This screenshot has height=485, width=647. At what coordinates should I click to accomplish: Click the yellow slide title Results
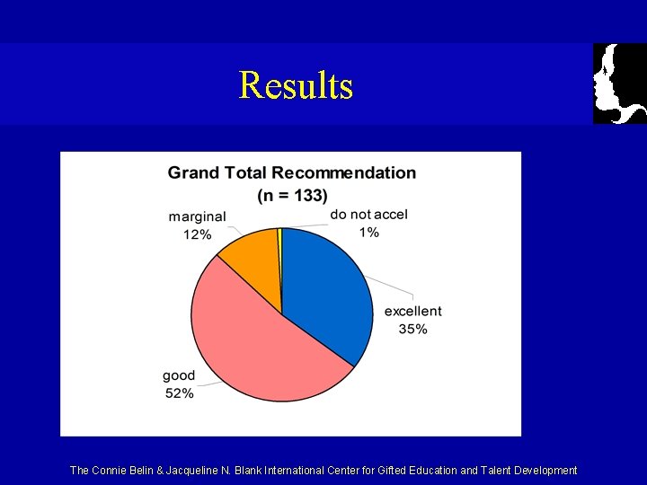tap(296, 86)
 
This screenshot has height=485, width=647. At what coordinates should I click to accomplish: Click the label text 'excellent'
tap(412, 311)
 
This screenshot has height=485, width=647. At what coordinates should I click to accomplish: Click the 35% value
tap(412, 329)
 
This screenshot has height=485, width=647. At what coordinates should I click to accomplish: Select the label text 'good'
tap(179, 375)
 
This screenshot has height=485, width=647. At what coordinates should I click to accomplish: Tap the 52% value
tap(179, 392)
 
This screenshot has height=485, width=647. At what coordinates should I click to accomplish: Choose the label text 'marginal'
tap(197, 216)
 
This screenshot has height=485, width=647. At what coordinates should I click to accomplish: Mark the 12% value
tap(197, 234)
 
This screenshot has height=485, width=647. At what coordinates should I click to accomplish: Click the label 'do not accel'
tap(368, 214)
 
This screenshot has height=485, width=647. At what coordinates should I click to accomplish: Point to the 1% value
tap(368, 232)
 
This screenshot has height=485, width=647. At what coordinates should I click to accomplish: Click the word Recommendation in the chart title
tap(344, 172)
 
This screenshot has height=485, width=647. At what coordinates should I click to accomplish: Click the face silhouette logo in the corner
tap(620, 84)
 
